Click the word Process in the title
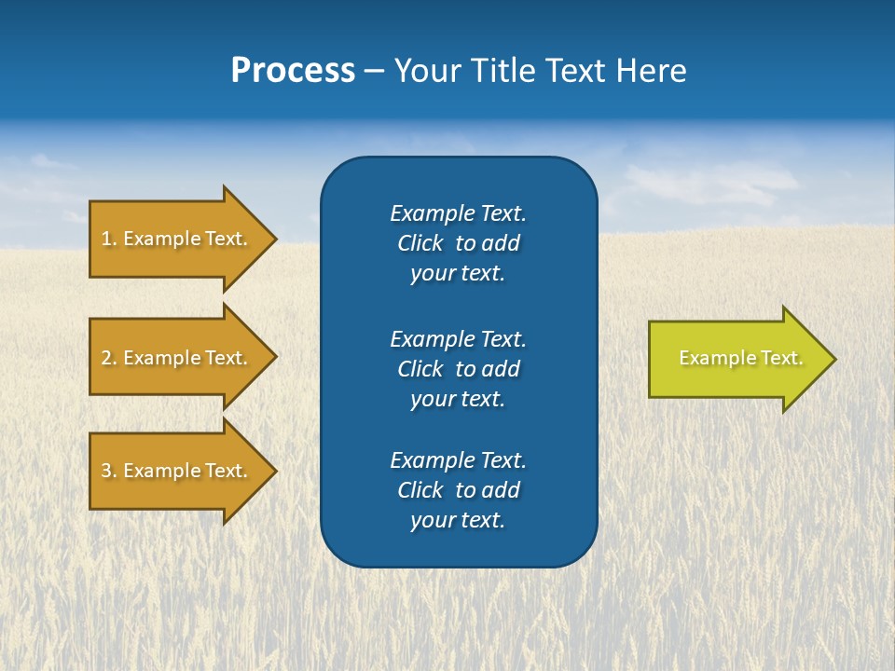[293, 71]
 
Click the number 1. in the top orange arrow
[109, 239]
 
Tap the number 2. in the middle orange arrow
[109, 358]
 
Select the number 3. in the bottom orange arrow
[109, 471]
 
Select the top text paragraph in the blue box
[458, 243]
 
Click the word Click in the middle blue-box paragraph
[420, 369]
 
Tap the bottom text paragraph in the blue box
[458, 490]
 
